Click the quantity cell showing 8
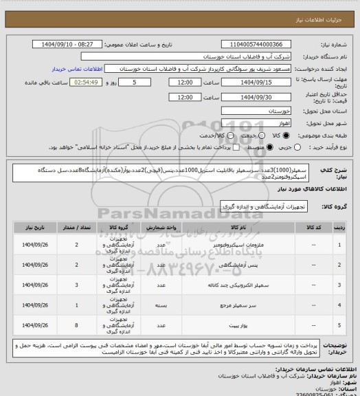(77, 321)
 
